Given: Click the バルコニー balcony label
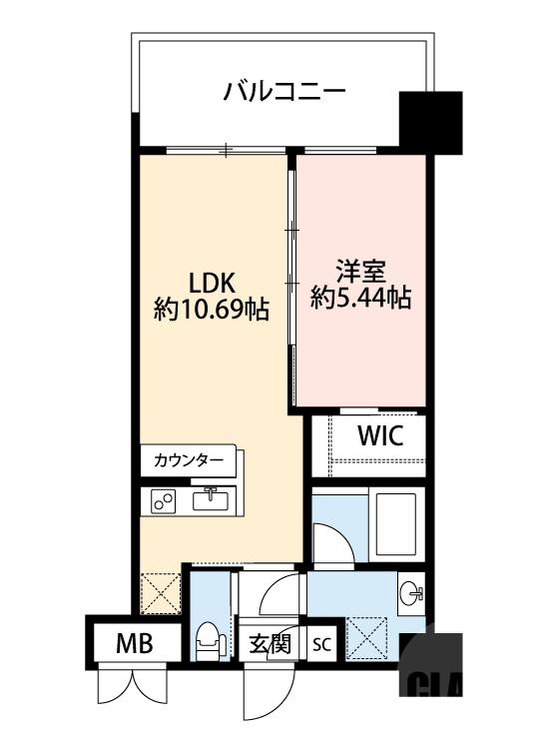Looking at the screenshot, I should (x=284, y=93).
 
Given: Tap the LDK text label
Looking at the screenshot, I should (x=211, y=282).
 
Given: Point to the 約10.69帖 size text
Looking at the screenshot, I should (x=211, y=310).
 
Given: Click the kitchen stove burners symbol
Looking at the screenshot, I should (x=163, y=501).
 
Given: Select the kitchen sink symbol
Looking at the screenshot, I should (x=212, y=499).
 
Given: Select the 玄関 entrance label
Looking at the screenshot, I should (x=269, y=644).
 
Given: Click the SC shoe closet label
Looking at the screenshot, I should (x=321, y=644).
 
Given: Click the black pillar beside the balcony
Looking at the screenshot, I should (x=430, y=121).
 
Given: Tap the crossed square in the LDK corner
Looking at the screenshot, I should (x=160, y=592).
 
